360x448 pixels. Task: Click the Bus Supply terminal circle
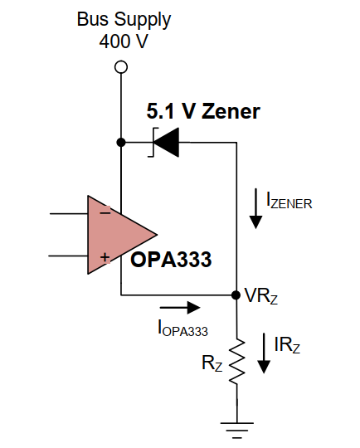coord(121,67)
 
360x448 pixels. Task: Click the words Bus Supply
coord(124,20)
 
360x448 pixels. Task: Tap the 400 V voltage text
coord(124,41)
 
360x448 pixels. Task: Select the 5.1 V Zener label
coord(203,111)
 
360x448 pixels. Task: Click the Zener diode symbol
coord(164,142)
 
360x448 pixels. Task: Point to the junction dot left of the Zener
coord(121,142)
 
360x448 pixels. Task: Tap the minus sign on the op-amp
coord(105,212)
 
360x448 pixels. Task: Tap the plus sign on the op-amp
coord(105,257)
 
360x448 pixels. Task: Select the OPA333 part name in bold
coord(171,260)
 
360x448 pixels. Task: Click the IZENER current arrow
coord(255,208)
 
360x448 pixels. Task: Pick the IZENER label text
coord(289,201)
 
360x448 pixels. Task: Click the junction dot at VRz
coord(236,295)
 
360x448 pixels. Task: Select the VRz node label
coord(261,295)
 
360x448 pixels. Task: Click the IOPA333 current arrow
coord(180,308)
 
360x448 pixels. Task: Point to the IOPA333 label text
coord(182,328)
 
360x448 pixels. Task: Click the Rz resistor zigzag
coord(237,361)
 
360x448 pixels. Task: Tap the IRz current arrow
coord(264,353)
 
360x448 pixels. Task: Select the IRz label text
coord(287,345)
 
